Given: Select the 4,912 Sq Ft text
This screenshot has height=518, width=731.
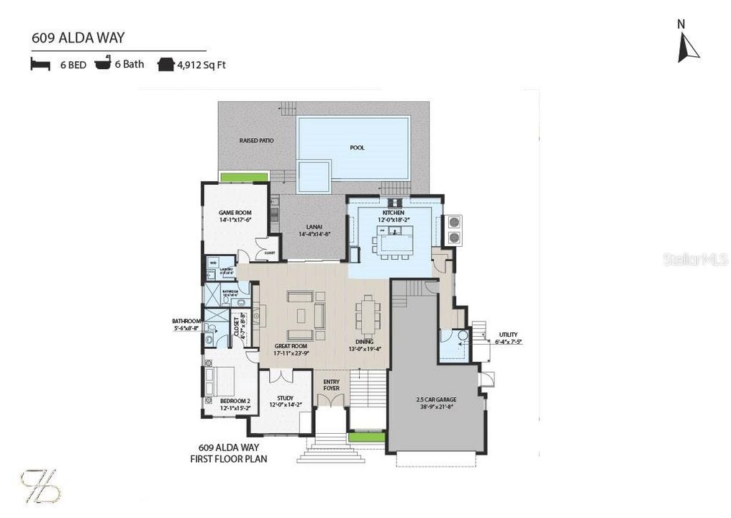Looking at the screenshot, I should click(x=201, y=65).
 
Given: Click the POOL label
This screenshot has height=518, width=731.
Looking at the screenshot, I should click(x=357, y=147).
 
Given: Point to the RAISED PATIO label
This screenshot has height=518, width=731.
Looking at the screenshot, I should click(x=257, y=140).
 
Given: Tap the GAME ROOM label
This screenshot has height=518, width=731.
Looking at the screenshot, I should click(x=235, y=212).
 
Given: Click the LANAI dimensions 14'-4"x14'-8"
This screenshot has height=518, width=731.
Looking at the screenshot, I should click(x=313, y=234).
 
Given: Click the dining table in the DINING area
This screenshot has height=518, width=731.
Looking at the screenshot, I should click(x=367, y=314).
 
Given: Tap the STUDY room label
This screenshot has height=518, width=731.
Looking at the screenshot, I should click(x=286, y=398).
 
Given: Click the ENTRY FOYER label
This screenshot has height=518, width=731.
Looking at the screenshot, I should click(x=332, y=384).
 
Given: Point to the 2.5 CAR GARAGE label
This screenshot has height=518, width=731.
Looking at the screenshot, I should click(x=436, y=399).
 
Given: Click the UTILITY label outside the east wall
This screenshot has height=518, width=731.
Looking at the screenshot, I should click(x=508, y=335).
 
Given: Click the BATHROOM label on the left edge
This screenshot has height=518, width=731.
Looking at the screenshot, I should click(x=186, y=321).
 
